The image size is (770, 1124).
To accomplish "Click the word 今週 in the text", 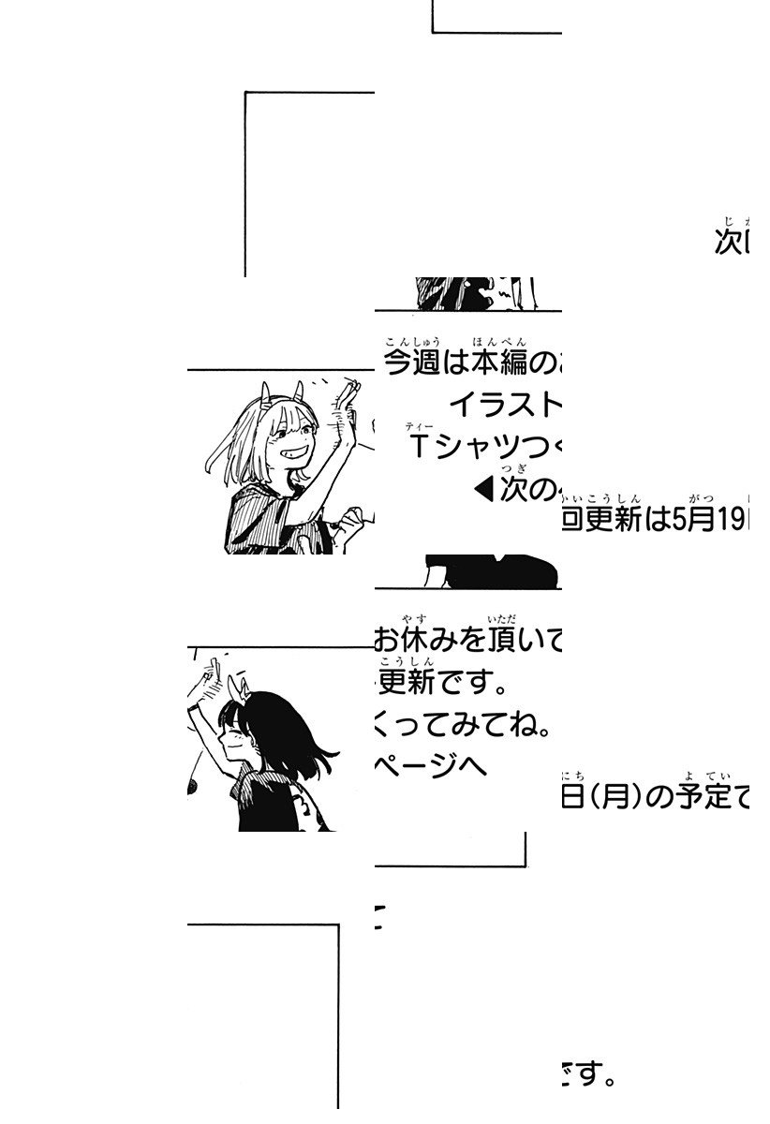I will point(413,363).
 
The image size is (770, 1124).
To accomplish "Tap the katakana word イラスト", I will point(505,405).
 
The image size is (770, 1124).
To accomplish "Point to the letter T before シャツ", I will point(419,447).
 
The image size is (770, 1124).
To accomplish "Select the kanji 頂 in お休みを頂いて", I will point(501,641).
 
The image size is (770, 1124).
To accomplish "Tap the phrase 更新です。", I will point(440,684).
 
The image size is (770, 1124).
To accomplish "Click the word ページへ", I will point(431,765).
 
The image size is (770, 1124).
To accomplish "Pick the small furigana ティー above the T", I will point(419,427).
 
